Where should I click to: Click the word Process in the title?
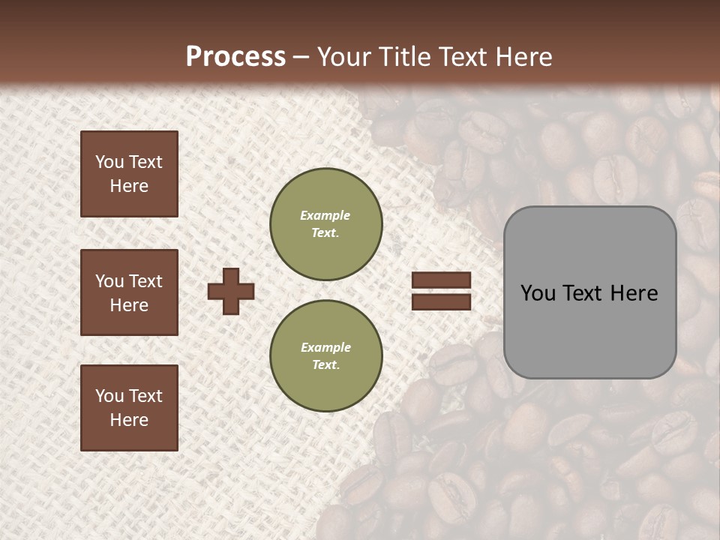click(235, 56)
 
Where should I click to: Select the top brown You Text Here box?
click(129, 174)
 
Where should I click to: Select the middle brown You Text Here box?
click(129, 292)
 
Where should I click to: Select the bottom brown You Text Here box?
click(129, 407)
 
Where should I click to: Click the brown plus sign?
click(231, 291)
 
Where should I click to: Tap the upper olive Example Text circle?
click(325, 223)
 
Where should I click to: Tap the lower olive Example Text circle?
click(325, 355)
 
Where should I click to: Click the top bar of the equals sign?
click(442, 280)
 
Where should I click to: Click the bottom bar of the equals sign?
click(442, 301)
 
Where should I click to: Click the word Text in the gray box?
click(587, 293)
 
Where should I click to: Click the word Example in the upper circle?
click(325, 215)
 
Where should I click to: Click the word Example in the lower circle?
click(325, 347)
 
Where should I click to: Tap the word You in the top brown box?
click(108, 162)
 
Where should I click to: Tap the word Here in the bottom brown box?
click(129, 420)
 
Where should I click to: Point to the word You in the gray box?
click(538, 293)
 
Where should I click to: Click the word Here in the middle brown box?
click(129, 305)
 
